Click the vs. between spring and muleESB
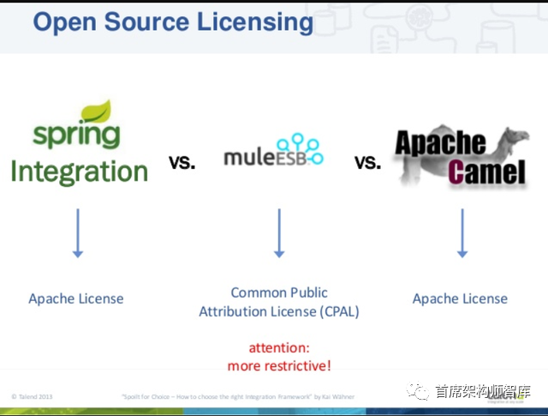pos(182,162)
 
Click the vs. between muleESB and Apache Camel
pos(367,162)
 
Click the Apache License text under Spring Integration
pos(76,298)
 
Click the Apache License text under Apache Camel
pos(460,298)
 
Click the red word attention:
pos(279,348)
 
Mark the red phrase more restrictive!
pos(279,366)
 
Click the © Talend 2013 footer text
pos(32,397)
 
